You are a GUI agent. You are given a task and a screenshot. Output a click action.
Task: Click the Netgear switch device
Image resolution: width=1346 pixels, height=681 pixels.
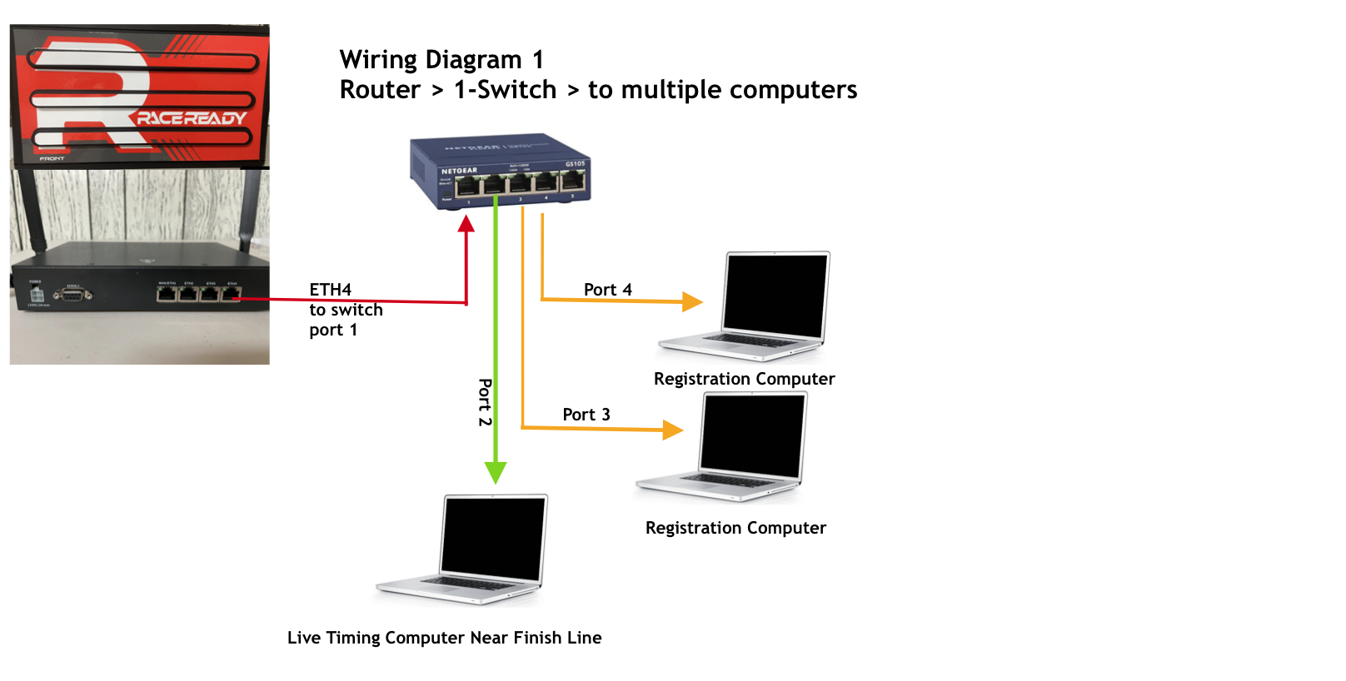point(500,171)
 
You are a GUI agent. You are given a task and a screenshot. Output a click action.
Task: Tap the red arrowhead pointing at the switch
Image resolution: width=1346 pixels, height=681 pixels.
point(466,224)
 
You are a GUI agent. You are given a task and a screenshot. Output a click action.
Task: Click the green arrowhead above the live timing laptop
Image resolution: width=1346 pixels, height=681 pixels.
point(496,473)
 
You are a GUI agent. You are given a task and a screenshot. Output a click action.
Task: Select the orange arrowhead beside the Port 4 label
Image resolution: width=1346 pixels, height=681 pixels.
point(691,301)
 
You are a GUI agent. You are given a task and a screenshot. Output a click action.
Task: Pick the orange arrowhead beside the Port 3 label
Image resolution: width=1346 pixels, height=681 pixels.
point(672,430)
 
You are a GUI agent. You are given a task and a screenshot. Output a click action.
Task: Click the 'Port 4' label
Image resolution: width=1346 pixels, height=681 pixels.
point(607,290)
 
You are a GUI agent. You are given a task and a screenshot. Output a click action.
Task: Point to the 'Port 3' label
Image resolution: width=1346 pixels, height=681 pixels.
point(586,415)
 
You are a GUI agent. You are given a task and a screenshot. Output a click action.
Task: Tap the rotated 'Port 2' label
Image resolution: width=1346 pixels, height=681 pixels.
point(485,402)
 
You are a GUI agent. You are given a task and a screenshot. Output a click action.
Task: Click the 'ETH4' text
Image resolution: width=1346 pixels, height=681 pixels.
point(330,290)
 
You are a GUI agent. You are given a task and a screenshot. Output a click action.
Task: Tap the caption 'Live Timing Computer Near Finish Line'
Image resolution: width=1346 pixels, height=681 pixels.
point(444,638)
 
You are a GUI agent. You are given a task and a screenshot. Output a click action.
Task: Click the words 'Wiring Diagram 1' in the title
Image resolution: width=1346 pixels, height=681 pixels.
point(441,60)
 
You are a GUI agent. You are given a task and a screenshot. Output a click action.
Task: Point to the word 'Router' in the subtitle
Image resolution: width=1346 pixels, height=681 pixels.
point(380,90)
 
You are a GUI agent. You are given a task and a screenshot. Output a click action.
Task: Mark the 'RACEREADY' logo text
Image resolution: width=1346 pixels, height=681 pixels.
point(192,118)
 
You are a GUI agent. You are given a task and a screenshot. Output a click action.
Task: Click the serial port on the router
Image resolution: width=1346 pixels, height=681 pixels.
point(72,294)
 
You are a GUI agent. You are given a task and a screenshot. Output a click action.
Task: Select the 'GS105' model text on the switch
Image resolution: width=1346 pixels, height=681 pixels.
point(575,164)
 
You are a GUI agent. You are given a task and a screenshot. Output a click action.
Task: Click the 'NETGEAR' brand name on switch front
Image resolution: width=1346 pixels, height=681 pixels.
point(459,171)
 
